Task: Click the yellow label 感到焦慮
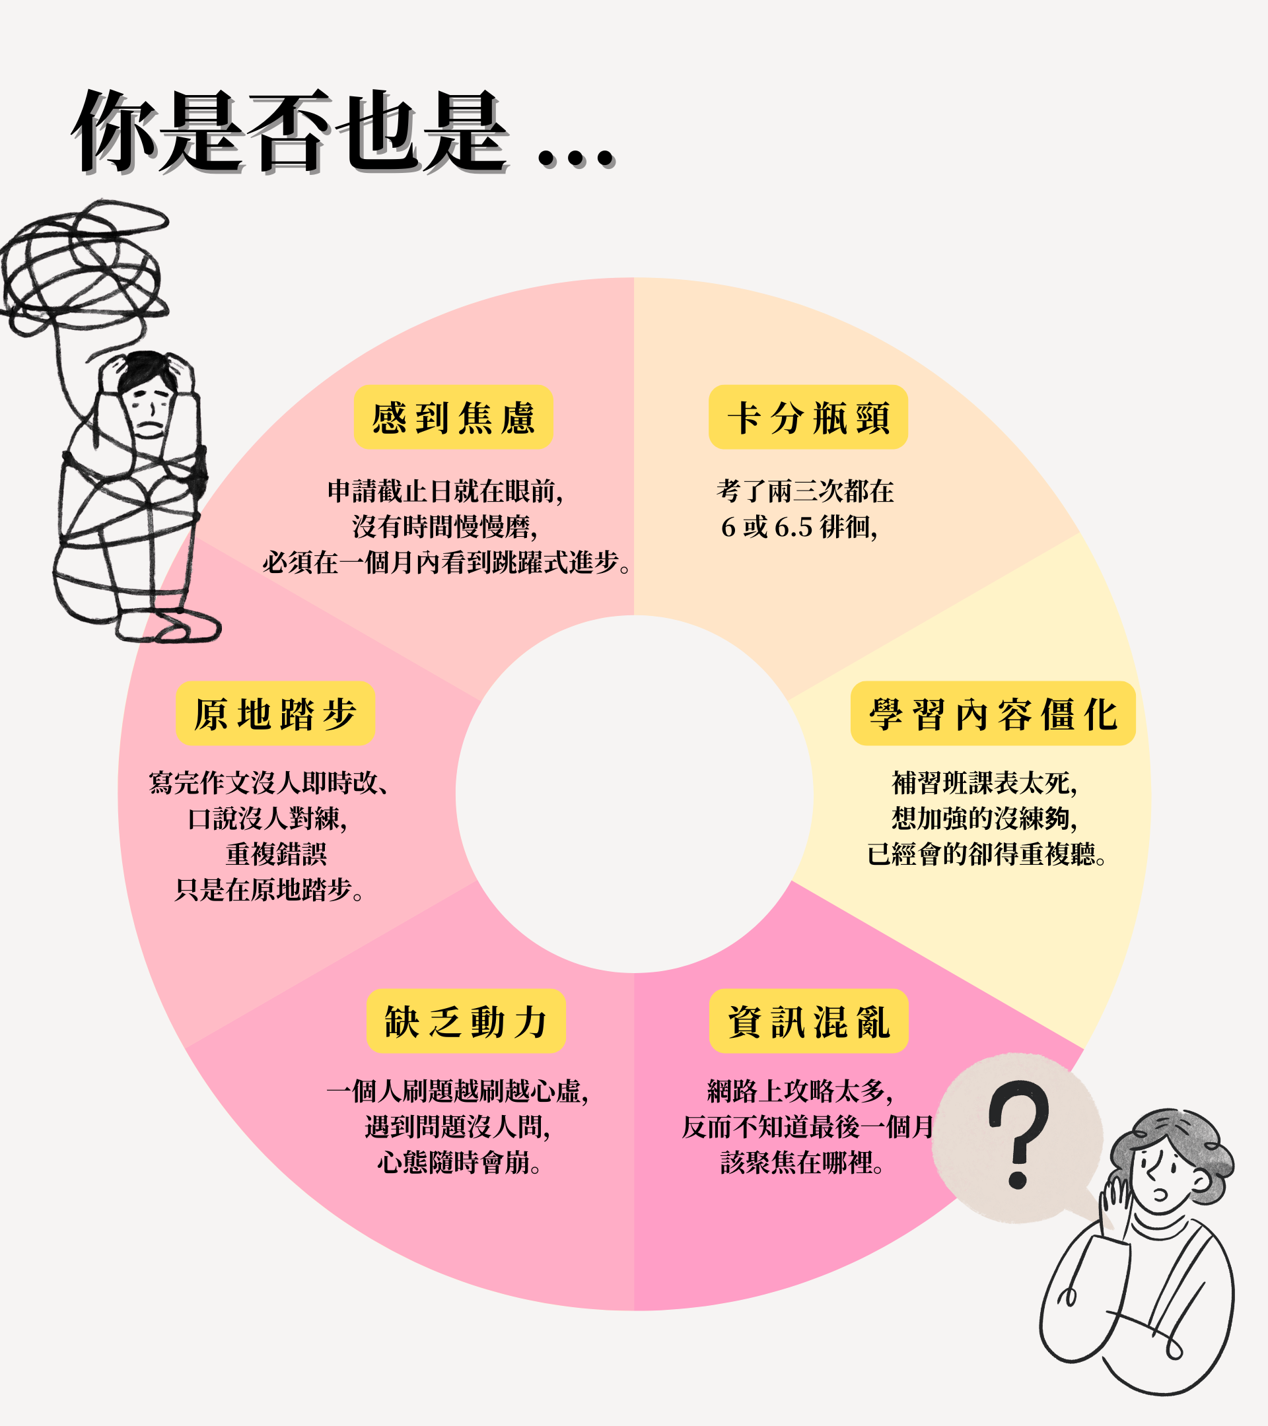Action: [x=453, y=417]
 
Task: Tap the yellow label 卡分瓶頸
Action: [x=808, y=417]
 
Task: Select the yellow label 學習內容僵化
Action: [x=993, y=713]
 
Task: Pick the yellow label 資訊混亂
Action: [x=808, y=1021]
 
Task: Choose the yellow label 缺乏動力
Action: [x=466, y=1021]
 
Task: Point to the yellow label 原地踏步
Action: [x=275, y=713]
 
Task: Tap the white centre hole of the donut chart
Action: [x=633, y=794]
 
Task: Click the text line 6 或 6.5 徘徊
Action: [x=799, y=527]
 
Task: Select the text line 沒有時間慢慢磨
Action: [x=445, y=527]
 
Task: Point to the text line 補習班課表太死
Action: [x=984, y=783]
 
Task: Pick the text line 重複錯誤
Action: [x=275, y=854]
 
